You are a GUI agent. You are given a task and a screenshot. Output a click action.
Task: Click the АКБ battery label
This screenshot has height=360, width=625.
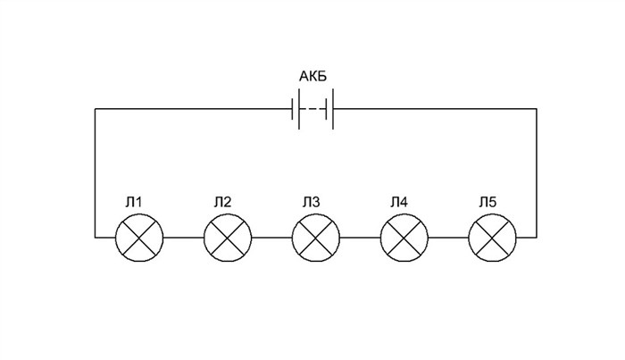(312, 76)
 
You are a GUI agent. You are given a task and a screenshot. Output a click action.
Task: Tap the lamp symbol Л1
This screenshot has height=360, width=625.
(139, 238)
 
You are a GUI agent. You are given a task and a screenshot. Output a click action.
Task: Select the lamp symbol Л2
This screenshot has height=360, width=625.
(228, 238)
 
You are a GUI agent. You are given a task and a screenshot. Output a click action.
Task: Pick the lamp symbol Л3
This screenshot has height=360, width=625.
(316, 238)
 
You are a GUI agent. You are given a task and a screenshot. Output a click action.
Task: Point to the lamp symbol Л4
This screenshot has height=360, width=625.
(404, 238)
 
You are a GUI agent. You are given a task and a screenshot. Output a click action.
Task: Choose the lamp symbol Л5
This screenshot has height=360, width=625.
(492, 238)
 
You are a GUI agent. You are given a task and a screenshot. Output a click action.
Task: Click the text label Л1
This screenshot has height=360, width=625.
(134, 203)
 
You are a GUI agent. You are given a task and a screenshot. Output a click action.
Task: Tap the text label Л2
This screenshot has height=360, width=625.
(222, 203)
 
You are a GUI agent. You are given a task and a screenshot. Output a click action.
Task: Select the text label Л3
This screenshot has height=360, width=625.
(311, 203)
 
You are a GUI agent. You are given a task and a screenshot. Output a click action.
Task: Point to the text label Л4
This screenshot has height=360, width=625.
(399, 203)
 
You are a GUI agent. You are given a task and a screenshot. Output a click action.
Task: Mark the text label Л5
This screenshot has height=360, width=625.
(487, 203)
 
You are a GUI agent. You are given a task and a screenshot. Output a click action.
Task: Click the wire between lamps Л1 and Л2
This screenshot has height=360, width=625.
(183, 238)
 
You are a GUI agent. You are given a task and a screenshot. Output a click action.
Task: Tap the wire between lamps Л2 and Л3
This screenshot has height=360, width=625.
(271, 238)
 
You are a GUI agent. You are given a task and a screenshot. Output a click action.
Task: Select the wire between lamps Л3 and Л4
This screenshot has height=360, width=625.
(360, 238)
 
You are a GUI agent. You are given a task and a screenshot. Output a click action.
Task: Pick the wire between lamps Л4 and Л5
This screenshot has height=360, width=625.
(448, 238)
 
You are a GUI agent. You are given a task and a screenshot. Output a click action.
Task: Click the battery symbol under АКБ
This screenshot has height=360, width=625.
(312, 109)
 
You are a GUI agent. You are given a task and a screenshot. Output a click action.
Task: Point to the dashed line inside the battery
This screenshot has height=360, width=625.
(312, 109)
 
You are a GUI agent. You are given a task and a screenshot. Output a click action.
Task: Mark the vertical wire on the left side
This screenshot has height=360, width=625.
(95, 173)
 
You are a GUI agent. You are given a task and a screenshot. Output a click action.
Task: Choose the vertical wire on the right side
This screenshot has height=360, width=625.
(536, 173)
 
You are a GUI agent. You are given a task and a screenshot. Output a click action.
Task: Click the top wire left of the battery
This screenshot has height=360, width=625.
(194, 108)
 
